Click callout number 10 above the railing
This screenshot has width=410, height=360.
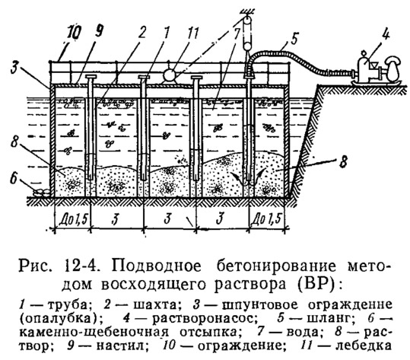pos(75,33)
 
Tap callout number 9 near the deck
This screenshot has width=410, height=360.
pos(98,32)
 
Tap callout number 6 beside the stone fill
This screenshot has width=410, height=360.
pos(14,179)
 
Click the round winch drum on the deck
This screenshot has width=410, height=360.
pos(171,75)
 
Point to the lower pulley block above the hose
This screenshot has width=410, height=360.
pos(246,46)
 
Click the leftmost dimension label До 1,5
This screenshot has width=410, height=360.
pos(72,220)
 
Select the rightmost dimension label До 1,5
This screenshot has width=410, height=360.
pos(267,219)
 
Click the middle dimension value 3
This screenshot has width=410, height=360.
pos(167,218)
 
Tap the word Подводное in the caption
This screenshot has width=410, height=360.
pos(157,266)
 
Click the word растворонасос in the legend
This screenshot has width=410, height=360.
pos(203,318)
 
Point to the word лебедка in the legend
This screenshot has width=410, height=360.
pos(364,346)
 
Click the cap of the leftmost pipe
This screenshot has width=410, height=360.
pos(91,77)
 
